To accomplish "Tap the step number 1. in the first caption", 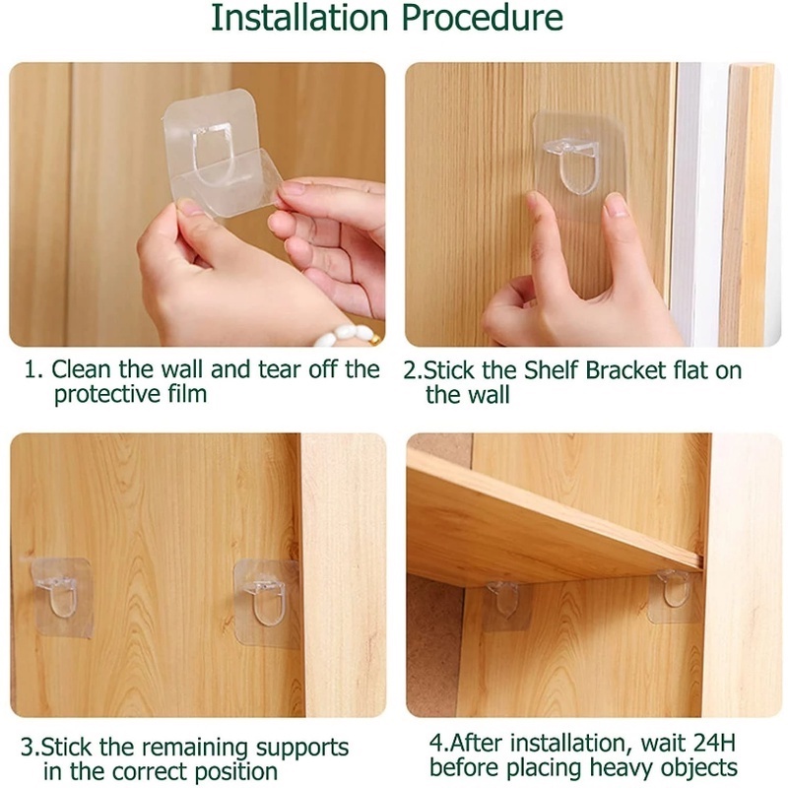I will click(x=33, y=370).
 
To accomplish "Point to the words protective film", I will click(x=130, y=395).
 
